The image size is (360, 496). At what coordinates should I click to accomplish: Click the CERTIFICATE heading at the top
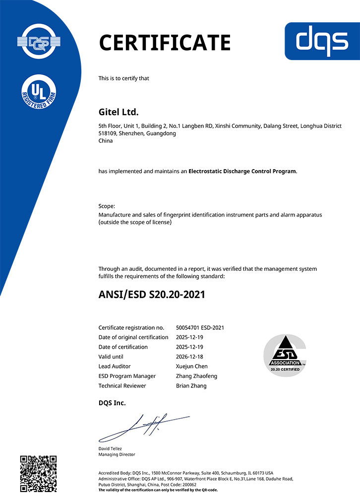[165, 43]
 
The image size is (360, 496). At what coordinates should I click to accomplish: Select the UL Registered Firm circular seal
[38, 94]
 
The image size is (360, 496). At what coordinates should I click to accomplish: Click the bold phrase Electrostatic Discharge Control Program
[242, 171]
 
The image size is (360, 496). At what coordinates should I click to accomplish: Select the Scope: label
[107, 206]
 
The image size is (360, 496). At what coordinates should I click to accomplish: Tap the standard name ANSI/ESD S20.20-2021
[152, 295]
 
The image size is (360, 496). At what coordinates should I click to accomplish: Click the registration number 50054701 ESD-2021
[200, 328]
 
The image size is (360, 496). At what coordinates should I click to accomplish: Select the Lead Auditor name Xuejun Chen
[192, 367]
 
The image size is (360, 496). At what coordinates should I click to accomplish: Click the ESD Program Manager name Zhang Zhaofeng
[196, 376]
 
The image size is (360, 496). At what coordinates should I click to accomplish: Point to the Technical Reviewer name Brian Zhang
[191, 386]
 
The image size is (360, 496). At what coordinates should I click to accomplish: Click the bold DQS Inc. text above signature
[112, 403]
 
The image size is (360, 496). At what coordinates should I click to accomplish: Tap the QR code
[38, 473]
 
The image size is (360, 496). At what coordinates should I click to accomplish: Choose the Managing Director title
[117, 454]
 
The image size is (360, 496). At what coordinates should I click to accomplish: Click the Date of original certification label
[133, 337]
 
